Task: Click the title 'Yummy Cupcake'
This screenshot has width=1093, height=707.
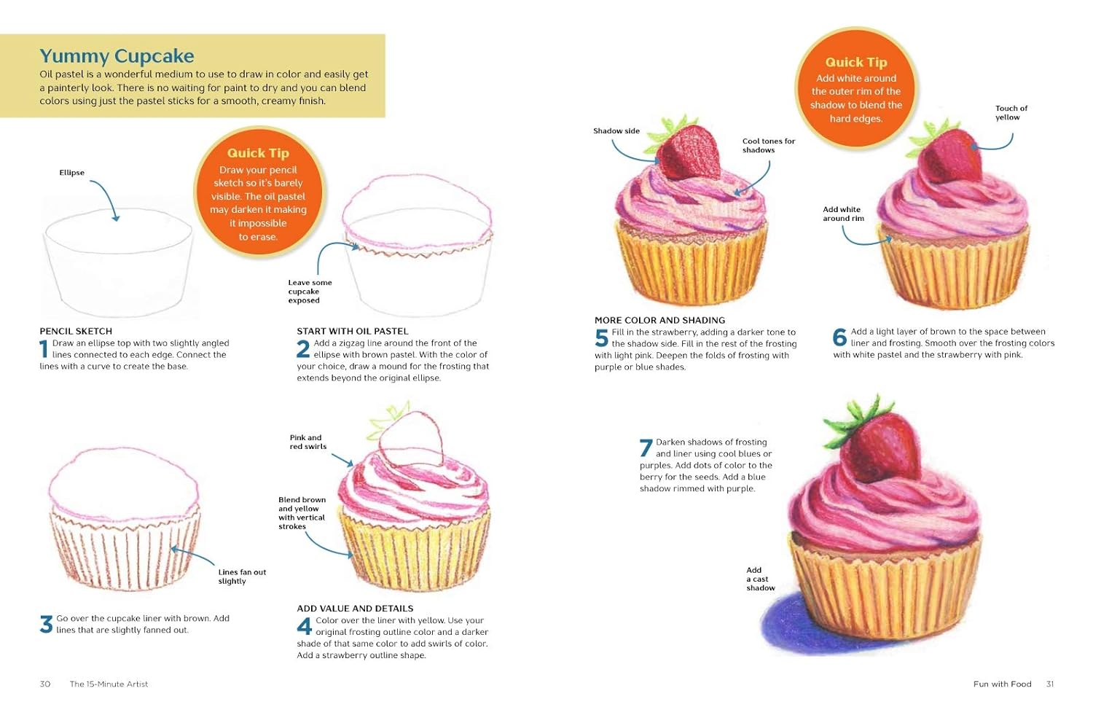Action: coord(117,56)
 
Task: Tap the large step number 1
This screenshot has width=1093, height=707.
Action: coord(44,349)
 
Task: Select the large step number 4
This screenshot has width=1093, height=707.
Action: coord(304,626)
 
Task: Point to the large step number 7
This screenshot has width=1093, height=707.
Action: coord(646,448)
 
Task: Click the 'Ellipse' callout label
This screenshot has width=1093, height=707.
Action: coord(71,173)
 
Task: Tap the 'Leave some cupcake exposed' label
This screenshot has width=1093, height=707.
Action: coord(310,292)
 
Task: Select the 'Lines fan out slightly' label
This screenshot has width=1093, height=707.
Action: coord(242,577)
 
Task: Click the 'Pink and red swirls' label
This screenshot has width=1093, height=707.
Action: coord(308,442)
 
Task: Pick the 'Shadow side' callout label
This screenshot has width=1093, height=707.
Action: coord(616,130)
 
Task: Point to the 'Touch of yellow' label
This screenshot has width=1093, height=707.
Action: coord(1011,113)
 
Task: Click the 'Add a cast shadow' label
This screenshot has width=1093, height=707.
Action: coord(760,579)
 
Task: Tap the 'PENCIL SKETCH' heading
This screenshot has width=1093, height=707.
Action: coord(76,331)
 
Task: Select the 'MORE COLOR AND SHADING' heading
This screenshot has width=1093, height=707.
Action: coord(659,320)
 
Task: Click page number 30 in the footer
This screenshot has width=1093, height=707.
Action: coord(45,684)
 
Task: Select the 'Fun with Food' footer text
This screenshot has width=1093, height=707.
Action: coord(1002,684)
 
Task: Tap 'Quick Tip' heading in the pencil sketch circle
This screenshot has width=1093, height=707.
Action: coord(258,153)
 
